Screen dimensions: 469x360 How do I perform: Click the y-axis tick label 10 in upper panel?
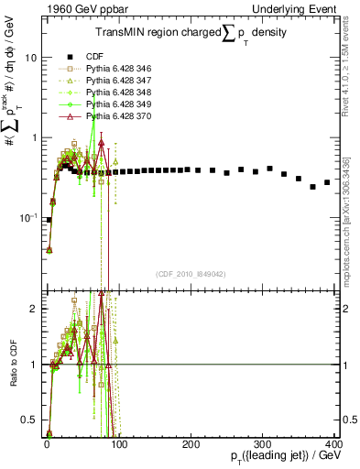click(x=30, y=58)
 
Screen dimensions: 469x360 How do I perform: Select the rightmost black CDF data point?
click(x=327, y=183)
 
